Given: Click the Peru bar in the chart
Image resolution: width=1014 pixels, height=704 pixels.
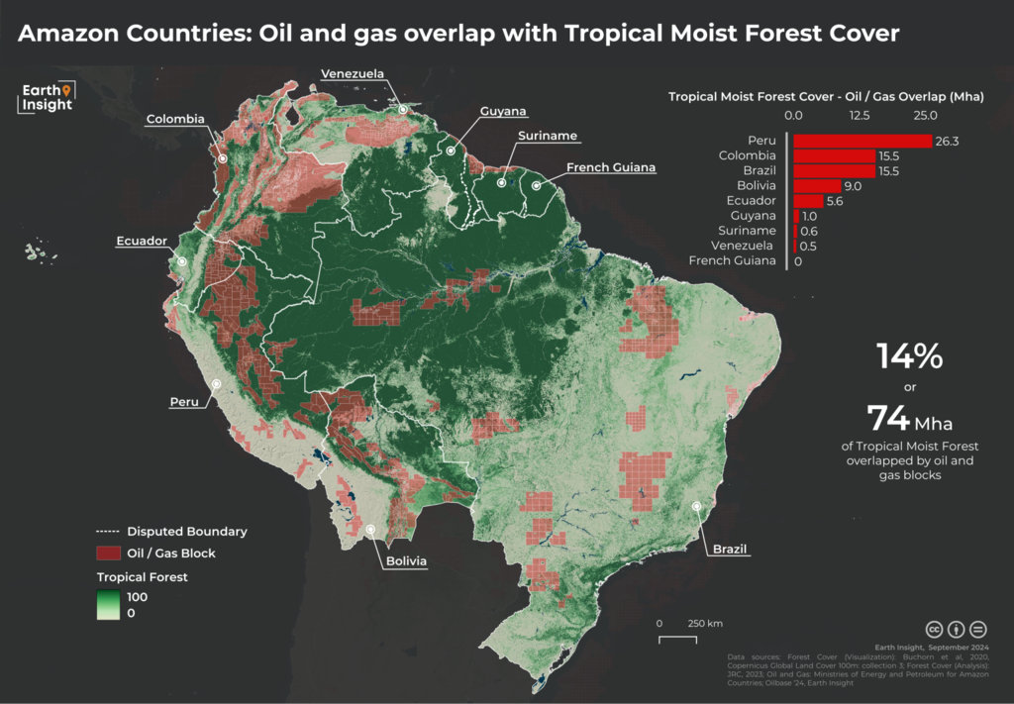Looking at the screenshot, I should [x=862, y=142].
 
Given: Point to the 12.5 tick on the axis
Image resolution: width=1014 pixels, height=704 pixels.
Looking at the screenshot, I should [x=859, y=115].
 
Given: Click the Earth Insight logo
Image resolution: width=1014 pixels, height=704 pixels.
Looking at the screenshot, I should [x=48, y=98].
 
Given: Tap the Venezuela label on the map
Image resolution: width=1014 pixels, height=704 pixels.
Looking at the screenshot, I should [x=352, y=73].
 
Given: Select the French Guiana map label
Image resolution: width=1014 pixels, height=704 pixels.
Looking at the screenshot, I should [x=611, y=167].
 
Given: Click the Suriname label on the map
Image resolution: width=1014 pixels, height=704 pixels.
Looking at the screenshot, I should [x=546, y=136].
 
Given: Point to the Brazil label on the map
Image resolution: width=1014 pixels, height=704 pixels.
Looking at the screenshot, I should [x=728, y=549].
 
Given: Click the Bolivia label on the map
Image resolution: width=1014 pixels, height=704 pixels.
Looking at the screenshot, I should [x=406, y=561].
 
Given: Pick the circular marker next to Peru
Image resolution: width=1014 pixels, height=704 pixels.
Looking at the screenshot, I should [x=216, y=383].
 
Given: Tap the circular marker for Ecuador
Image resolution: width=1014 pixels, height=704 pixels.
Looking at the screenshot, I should [x=182, y=261].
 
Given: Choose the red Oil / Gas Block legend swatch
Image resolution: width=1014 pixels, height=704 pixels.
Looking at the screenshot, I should [x=107, y=553].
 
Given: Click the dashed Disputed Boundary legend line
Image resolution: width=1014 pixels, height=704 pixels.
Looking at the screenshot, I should [x=107, y=532].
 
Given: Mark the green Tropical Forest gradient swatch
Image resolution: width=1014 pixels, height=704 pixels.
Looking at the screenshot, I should [x=107, y=605].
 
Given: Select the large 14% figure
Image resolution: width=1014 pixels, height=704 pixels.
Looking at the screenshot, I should [x=908, y=355].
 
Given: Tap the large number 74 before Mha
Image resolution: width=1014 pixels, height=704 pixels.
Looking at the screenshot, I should [x=888, y=417].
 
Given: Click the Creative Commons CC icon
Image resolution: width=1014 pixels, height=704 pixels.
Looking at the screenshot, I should [x=933, y=629].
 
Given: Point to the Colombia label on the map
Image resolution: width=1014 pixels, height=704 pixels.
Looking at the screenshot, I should [x=175, y=120].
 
